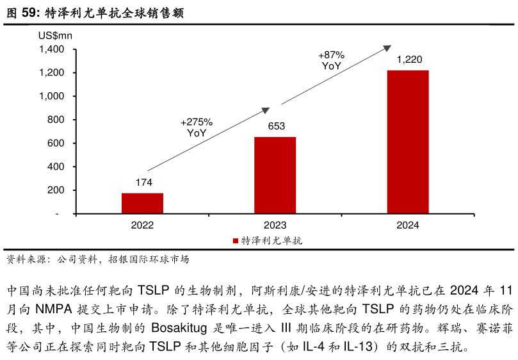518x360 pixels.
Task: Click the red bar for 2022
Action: pyautogui.click(x=142, y=203)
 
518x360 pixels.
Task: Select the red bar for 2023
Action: pyautogui.click(x=275, y=175)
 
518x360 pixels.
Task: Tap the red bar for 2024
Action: pyautogui.click(x=408, y=142)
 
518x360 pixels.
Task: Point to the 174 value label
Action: pyautogui.click(x=143, y=183)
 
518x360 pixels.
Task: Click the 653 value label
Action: pyautogui.click(x=276, y=126)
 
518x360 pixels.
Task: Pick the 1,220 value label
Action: pyautogui.click(x=409, y=60)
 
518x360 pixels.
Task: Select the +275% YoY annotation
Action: pyautogui.click(x=197, y=127)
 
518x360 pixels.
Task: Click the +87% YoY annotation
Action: pyautogui.click(x=331, y=60)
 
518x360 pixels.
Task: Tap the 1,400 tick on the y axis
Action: pyautogui.click(x=51, y=49)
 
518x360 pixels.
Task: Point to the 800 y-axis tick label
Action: pyautogui.click(x=56, y=120)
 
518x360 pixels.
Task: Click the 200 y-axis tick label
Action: pyautogui.click(x=56, y=190)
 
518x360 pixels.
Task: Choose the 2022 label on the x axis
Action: pyautogui.click(x=142, y=225)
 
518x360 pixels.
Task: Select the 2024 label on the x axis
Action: pyautogui.click(x=408, y=225)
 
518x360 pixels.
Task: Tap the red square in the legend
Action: pyautogui.click(x=235, y=241)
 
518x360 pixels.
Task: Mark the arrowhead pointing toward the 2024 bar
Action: pyautogui.click(x=387, y=47)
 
